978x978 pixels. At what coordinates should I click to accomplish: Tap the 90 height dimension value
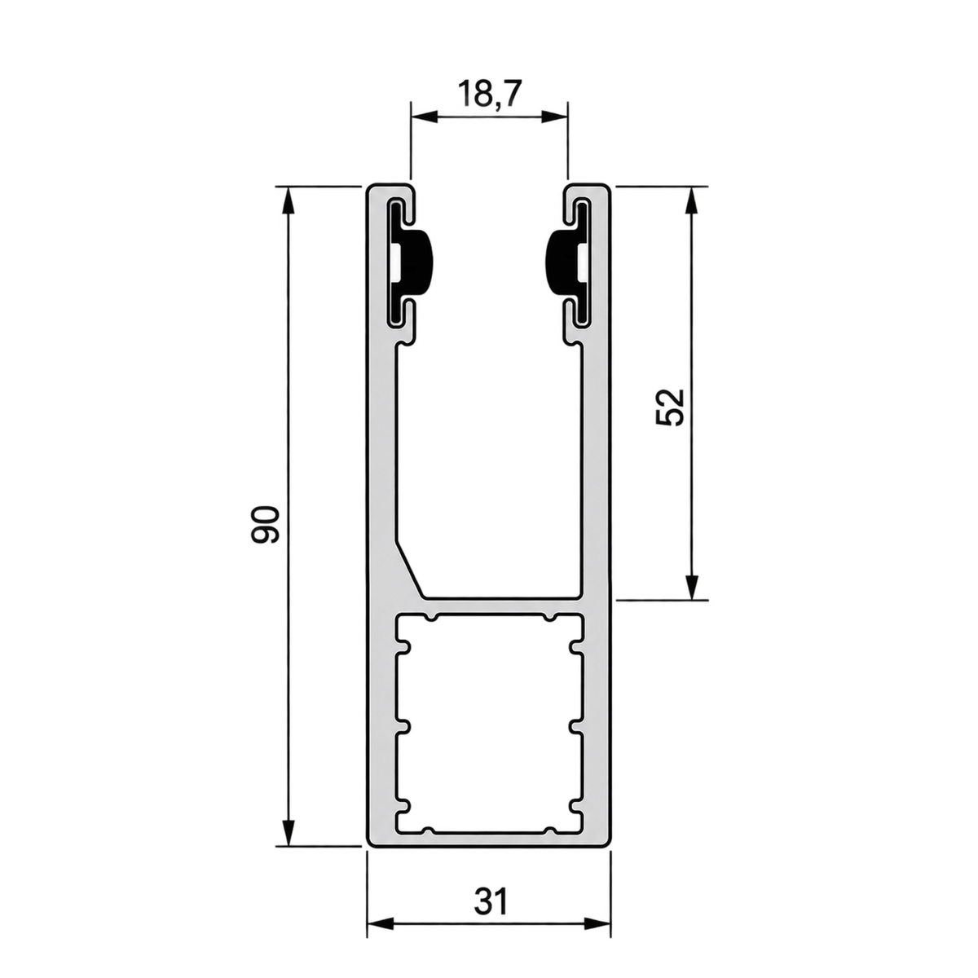[265, 524]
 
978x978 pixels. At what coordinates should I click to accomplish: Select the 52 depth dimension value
[670, 407]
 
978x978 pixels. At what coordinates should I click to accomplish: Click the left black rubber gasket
[410, 263]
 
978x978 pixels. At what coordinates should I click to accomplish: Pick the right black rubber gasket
[568, 263]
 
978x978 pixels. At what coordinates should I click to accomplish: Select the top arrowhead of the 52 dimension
[690, 201]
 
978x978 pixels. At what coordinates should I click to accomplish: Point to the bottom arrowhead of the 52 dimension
[690, 586]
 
